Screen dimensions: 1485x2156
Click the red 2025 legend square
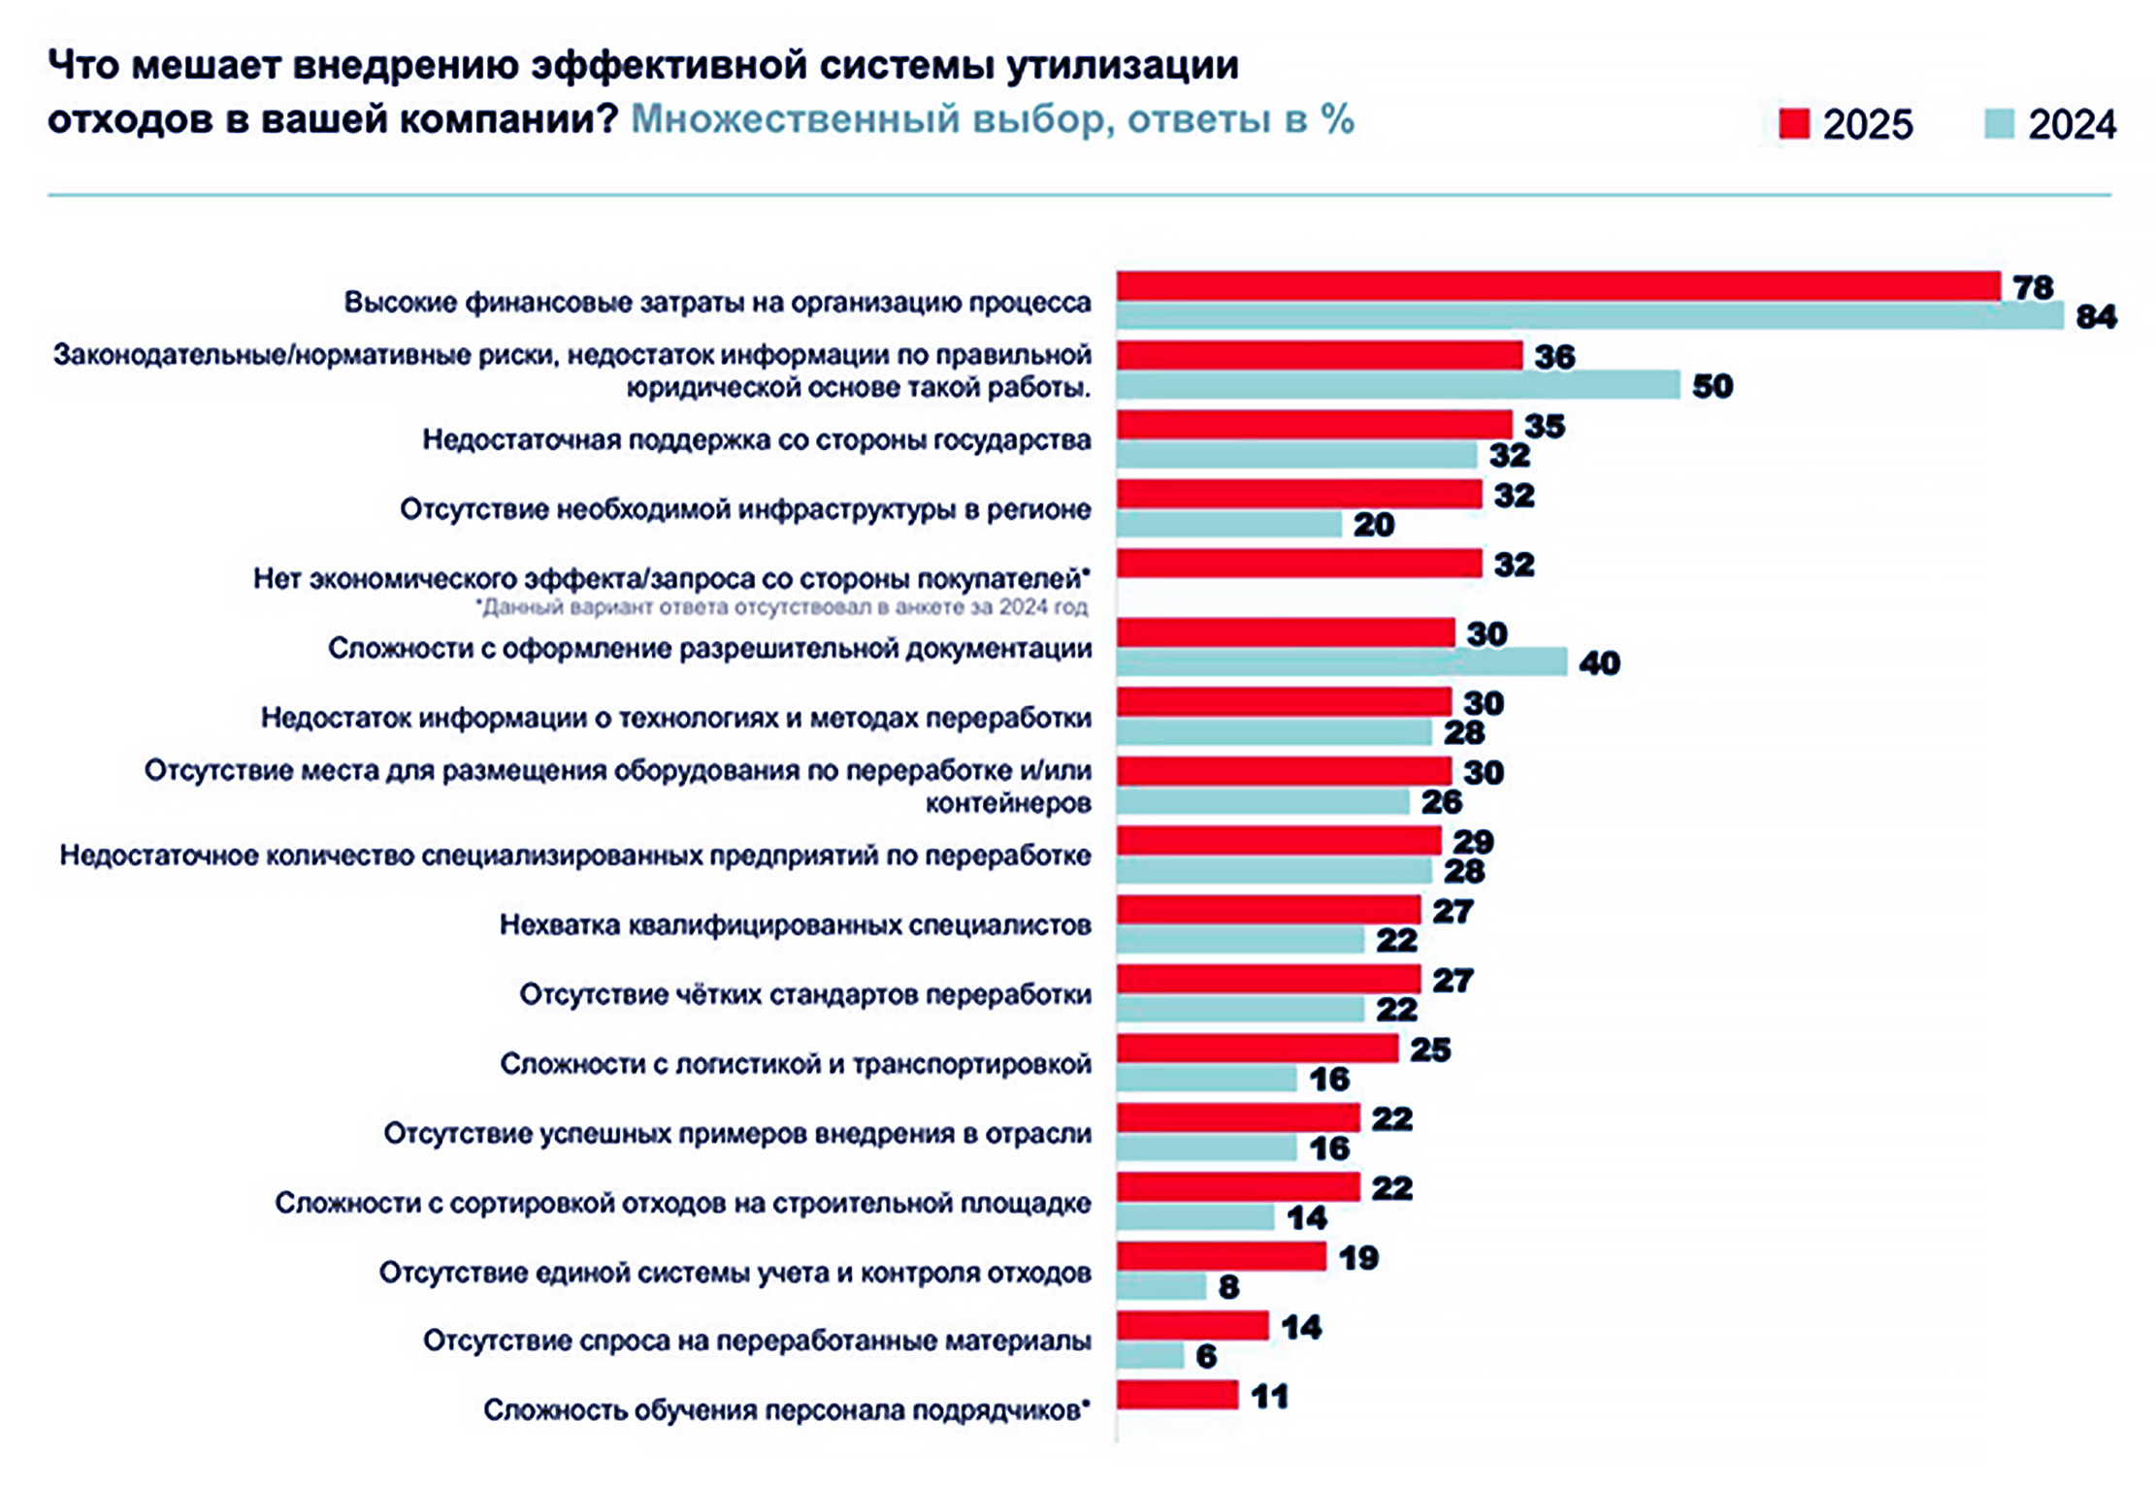pos(1794,124)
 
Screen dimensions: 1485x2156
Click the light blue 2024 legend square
pos(2000,124)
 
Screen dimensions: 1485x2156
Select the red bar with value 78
pos(1557,286)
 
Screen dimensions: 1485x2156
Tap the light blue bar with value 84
pos(1589,315)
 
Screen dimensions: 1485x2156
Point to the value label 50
pos(1713,386)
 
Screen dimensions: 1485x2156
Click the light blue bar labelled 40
pos(1341,662)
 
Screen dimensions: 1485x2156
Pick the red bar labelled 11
pos(1177,1395)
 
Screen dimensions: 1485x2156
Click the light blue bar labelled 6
pos(1150,1355)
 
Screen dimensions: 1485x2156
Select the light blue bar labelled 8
pos(1160,1286)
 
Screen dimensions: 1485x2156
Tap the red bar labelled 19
pos(1221,1256)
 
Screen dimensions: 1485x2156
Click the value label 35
pos(1545,426)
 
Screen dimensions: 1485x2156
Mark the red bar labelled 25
pos(1257,1049)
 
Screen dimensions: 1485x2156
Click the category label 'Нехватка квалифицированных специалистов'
pos(795,925)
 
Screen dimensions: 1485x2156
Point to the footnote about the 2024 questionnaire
pos(780,608)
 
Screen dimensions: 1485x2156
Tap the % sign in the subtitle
pos(1337,120)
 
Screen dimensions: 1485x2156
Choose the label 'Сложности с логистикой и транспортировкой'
pos(795,1064)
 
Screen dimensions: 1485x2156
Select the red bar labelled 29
pos(1278,840)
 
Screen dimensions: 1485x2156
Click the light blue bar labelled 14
pos(1194,1216)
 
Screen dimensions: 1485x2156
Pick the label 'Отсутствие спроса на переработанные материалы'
pos(757,1341)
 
